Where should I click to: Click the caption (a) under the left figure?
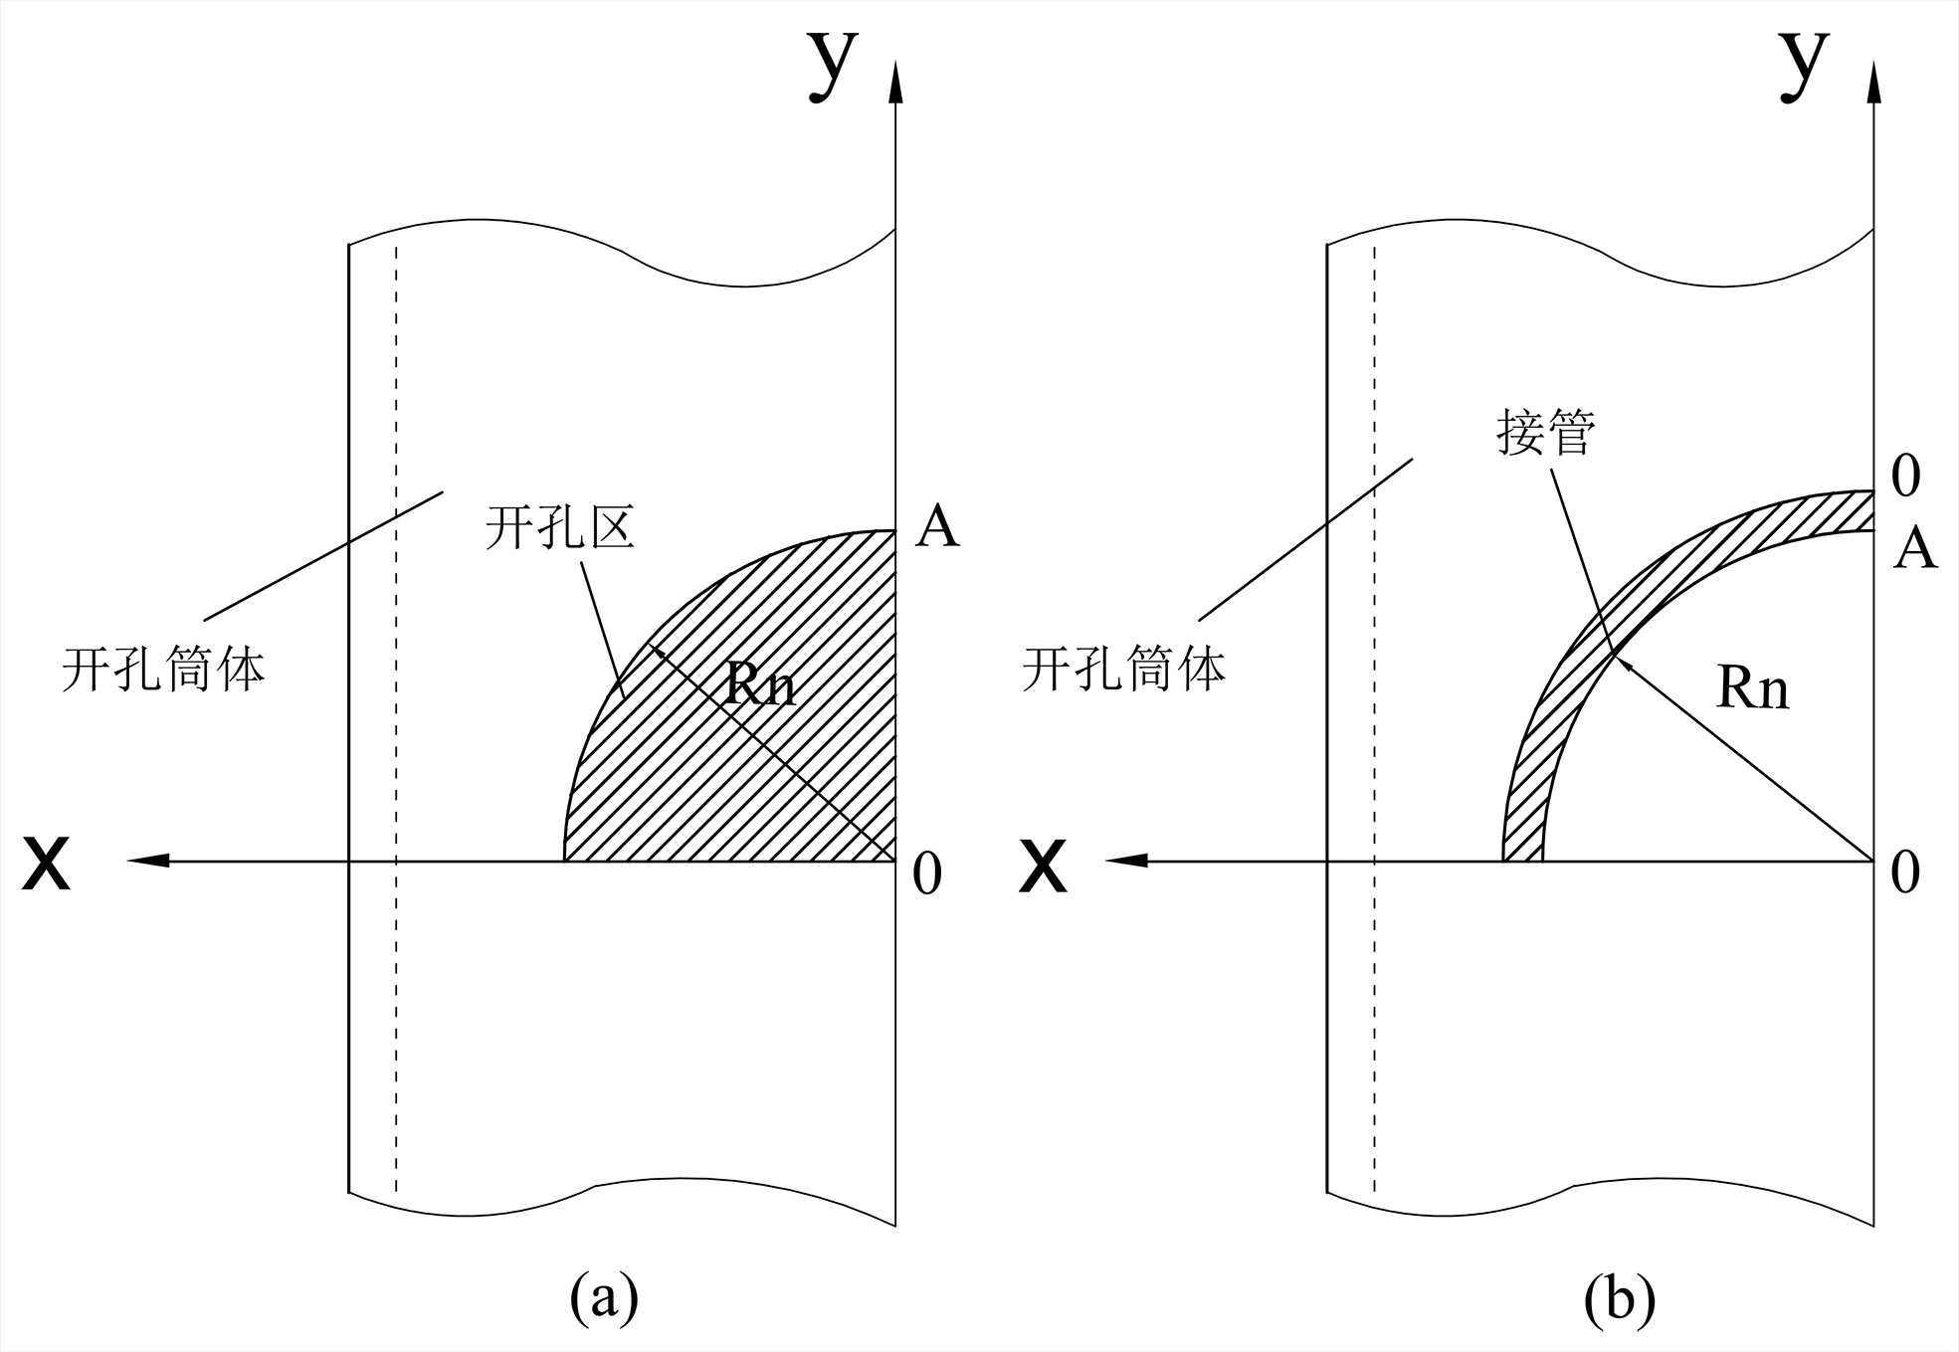pyautogui.click(x=604, y=1296)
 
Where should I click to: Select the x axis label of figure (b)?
pyautogui.click(x=1043, y=864)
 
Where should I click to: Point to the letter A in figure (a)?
pyautogui.click(x=937, y=527)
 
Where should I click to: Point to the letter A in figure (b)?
pyautogui.click(x=1914, y=548)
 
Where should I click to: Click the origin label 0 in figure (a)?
pyautogui.click(x=926, y=874)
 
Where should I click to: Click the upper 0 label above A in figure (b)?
pyautogui.click(x=1904, y=477)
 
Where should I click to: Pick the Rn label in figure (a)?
pyautogui.click(x=759, y=684)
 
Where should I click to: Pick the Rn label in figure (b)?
pyautogui.click(x=1752, y=687)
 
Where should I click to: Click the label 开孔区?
pyautogui.click(x=560, y=526)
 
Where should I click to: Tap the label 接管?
pyautogui.click(x=1546, y=432)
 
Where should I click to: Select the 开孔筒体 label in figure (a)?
pyautogui.click(x=163, y=668)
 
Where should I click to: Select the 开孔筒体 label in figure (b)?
pyautogui.click(x=1123, y=668)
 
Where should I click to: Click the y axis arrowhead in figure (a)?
pyautogui.click(x=895, y=82)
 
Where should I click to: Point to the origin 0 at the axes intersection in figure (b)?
pyautogui.click(x=1904, y=872)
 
